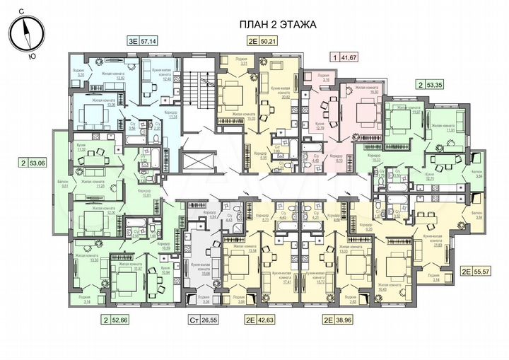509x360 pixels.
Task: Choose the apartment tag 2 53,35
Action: tap(433, 84)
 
